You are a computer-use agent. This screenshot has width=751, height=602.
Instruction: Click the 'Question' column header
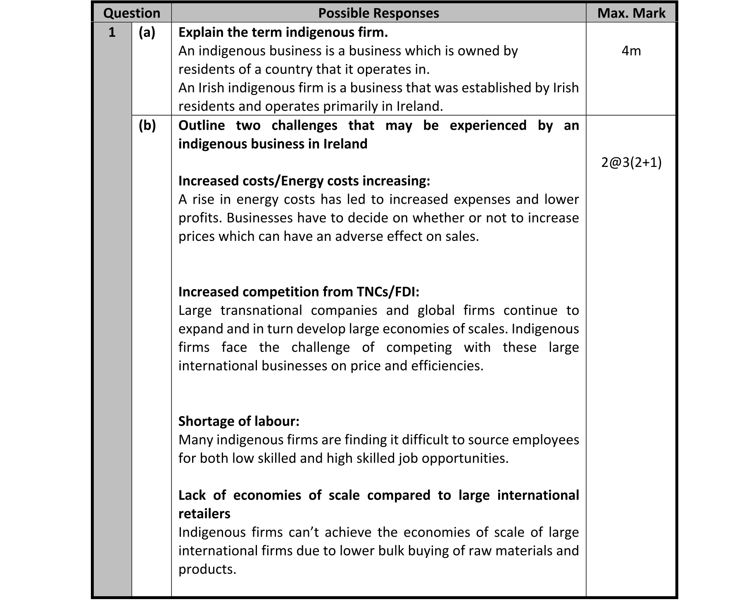click(x=131, y=13)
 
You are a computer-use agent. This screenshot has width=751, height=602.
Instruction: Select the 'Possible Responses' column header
click(x=378, y=13)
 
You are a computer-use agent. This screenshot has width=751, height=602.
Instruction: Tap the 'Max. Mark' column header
click(x=631, y=13)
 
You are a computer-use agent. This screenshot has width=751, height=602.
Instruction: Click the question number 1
click(x=112, y=32)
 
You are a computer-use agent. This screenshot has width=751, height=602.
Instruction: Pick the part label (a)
click(x=147, y=32)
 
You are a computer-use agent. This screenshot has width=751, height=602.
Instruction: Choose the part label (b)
click(x=147, y=125)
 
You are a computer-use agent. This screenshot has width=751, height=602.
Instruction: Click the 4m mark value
click(x=631, y=51)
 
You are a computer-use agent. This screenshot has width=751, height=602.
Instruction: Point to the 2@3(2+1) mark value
click(x=631, y=162)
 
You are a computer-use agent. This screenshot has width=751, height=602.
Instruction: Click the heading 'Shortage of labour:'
click(x=239, y=421)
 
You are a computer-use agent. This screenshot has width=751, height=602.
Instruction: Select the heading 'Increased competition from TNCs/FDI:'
click(x=299, y=292)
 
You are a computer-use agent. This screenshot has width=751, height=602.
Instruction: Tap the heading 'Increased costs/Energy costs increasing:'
click(x=304, y=181)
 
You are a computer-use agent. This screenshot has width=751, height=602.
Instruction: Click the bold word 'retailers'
click(x=204, y=514)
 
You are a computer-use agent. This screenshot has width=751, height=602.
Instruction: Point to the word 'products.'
click(x=207, y=569)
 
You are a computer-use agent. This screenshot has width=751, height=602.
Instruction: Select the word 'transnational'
click(x=261, y=310)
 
